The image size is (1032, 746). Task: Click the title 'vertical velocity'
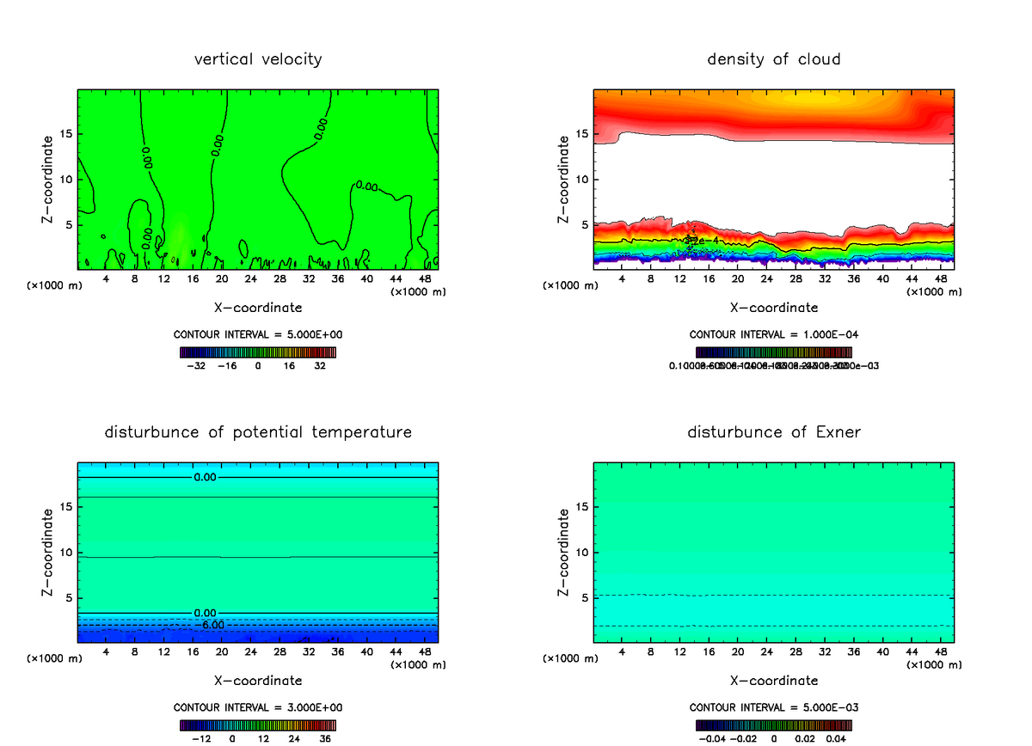(x=258, y=59)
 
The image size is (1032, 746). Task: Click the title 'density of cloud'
(x=774, y=59)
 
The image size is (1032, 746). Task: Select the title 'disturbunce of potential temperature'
(x=258, y=431)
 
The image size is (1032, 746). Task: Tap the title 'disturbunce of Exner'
(x=774, y=431)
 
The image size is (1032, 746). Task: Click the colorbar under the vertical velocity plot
(x=258, y=352)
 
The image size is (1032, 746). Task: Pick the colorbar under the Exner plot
(x=774, y=725)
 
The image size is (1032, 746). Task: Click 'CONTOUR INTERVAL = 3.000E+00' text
(x=258, y=707)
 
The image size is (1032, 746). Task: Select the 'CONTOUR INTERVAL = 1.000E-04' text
(x=774, y=335)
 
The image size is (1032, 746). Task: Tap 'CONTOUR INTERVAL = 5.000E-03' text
(x=774, y=707)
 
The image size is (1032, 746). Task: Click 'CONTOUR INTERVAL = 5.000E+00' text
(x=258, y=335)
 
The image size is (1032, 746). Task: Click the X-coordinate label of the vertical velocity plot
(x=258, y=308)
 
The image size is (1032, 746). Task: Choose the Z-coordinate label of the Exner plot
(x=564, y=552)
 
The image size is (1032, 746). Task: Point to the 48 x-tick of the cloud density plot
(x=940, y=278)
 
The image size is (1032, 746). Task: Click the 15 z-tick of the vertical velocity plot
(x=67, y=134)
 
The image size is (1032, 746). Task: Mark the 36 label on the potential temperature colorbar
(x=325, y=738)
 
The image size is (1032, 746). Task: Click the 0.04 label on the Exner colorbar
(x=835, y=738)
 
